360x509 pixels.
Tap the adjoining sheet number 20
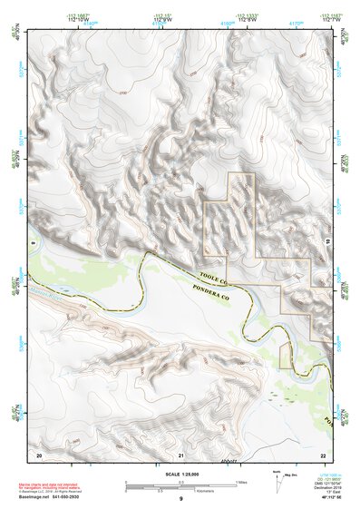pyautogui.click(x=39, y=453)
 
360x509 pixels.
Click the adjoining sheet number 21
pyautogui.click(x=181, y=453)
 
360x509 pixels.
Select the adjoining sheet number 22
pyautogui.click(x=323, y=453)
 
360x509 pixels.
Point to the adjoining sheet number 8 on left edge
pyautogui.click(x=32, y=243)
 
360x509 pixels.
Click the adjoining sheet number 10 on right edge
pyautogui.click(x=329, y=243)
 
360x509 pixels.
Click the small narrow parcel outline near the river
pyautogui.click(x=284, y=357)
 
